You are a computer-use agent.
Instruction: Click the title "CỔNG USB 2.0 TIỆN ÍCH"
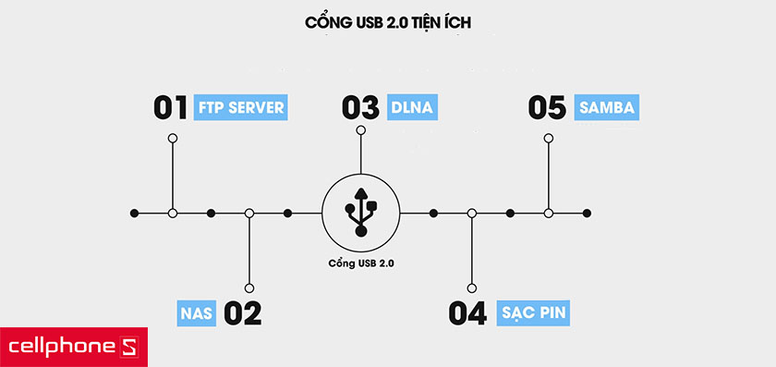(388, 22)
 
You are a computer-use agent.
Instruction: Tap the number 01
(171, 107)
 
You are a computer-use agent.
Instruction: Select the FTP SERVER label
(241, 107)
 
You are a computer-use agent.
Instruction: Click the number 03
(360, 107)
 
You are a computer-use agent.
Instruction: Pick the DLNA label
(411, 107)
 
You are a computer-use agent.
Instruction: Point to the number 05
(547, 107)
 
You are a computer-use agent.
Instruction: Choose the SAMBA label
(606, 107)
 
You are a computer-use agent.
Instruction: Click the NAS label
(196, 313)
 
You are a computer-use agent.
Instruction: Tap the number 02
(242, 313)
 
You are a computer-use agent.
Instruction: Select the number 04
(467, 313)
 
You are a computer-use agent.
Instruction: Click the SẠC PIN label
(533, 313)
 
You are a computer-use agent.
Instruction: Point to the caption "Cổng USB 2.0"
(361, 263)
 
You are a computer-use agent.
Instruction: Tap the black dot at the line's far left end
(135, 214)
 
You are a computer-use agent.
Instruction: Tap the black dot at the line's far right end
(587, 214)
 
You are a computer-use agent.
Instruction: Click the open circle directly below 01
(172, 138)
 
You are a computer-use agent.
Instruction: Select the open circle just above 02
(249, 288)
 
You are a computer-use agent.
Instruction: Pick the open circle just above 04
(472, 288)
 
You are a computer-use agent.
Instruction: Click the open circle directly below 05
(549, 138)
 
